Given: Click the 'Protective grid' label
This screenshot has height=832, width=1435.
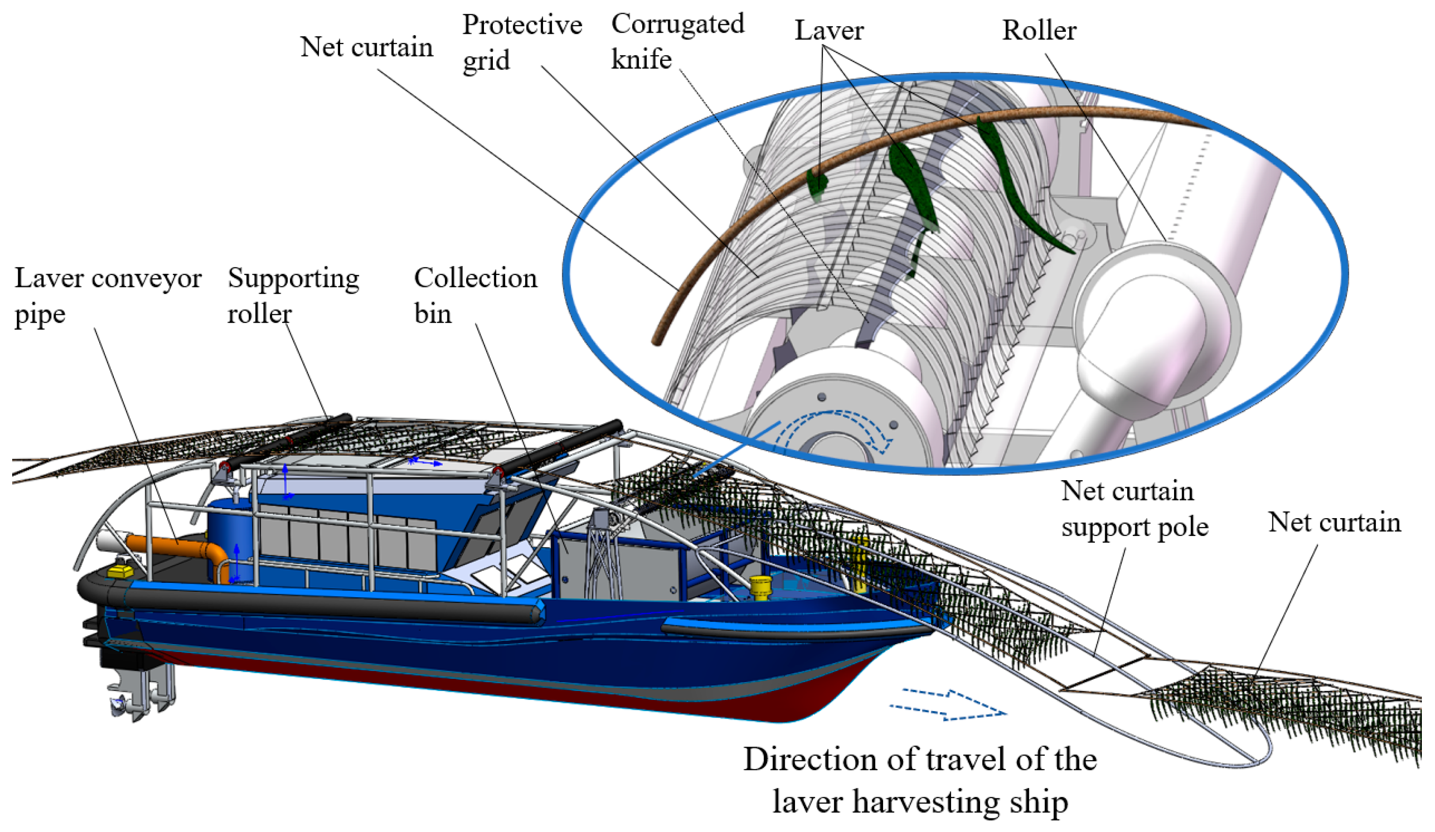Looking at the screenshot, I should tap(521, 42).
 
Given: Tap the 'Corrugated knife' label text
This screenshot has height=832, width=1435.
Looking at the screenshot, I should tap(677, 42).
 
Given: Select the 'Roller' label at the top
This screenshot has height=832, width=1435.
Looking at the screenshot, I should tap(1039, 31).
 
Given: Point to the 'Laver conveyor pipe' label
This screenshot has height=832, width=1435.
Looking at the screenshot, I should tap(108, 296).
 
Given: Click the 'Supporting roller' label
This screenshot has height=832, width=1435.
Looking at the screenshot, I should tap(293, 296).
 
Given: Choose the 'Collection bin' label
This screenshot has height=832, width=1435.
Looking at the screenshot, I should tap(475, 296).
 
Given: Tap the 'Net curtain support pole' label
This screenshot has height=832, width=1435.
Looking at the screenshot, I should tap(1134, 509).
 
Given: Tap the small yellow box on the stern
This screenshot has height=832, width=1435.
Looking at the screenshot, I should tap(120, 570).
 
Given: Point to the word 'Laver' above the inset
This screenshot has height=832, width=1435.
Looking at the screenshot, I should tap(829, 31).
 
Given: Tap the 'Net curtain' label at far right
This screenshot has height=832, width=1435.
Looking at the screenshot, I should tap(1334, 523).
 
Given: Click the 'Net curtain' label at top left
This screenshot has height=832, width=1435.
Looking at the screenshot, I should tap(366, 47).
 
